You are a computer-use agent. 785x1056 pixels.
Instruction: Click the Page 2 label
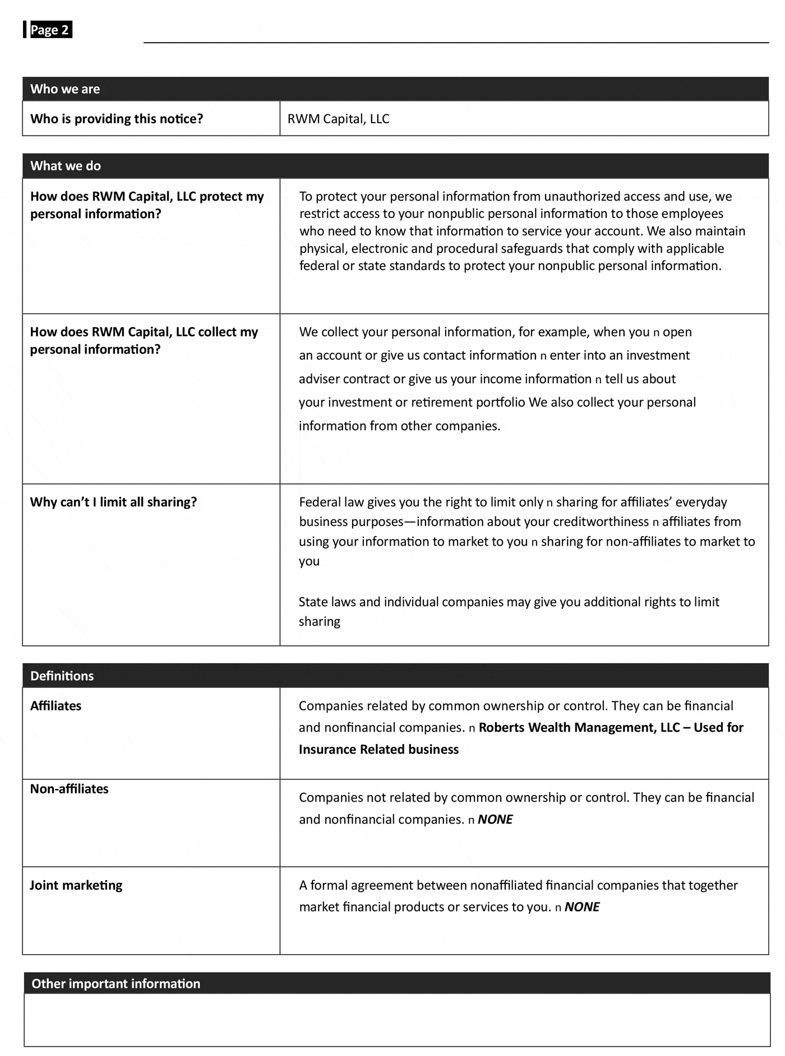[49, 30]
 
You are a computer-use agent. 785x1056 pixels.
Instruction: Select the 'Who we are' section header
[65, 89]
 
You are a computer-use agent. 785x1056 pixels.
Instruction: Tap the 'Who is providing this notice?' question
[117, 119]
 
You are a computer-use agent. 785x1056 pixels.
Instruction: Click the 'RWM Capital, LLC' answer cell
[338, 119]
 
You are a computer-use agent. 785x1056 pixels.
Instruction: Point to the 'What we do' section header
[66, 166]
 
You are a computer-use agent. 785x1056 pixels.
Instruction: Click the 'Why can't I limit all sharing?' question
[113, 502]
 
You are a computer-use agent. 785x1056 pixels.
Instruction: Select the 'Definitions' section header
[62, 676]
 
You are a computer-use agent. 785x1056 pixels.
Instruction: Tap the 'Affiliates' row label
[56, 706]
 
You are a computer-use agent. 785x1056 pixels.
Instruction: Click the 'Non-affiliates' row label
[69, 789]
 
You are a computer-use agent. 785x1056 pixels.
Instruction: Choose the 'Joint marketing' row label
[76, 885]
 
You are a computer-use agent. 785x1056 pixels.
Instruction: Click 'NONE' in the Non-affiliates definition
[495, 820]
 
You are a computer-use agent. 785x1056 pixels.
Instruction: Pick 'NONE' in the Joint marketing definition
[581, 907]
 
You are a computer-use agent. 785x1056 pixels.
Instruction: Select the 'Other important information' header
[116, 984]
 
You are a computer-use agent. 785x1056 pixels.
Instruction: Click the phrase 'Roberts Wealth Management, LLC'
[579, 728]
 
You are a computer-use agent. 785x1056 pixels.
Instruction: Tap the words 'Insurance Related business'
[378, 750]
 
